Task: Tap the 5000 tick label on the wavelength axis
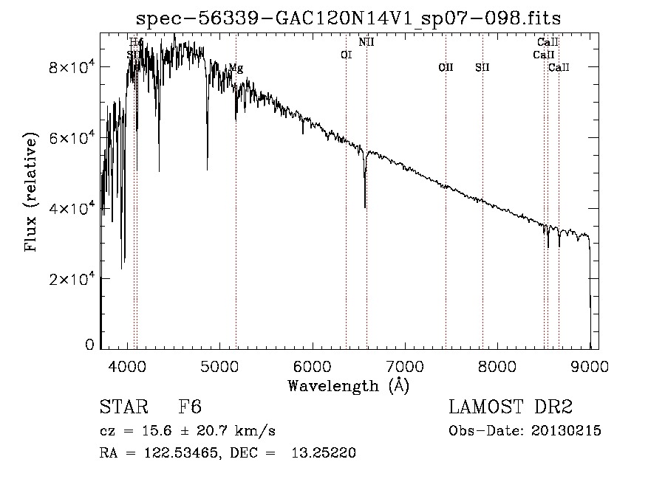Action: (219, 365)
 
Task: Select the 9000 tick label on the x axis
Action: (590, 365)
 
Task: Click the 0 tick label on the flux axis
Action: (90, 345)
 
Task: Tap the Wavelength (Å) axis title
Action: (349, 385)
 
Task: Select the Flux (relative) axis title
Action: (31, 193)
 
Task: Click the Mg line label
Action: (235, 68)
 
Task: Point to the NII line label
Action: (366, 42)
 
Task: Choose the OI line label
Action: (346, 55)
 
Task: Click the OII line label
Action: (446, 68)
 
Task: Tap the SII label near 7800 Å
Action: (482, 68)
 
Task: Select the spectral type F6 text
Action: (190, 407)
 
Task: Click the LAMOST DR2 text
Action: (510, 407)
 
